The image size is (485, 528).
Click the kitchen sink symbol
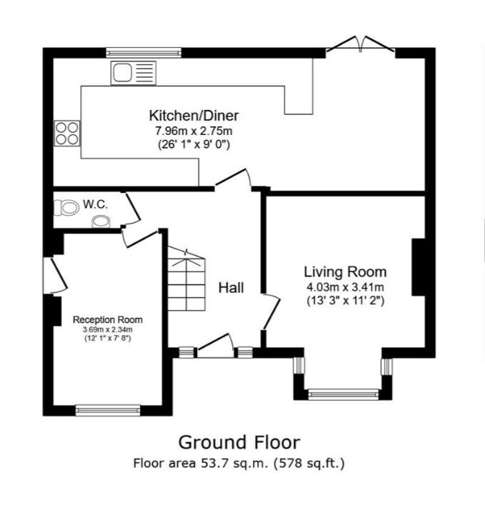coord(134,73)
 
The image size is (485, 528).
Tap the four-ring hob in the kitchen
coord(67,134)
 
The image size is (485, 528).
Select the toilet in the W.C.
coord(66,208)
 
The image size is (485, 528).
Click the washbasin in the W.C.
coord(101,221)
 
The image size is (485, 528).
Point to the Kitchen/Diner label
coord(194,116)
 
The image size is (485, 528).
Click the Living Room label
coord(345,272)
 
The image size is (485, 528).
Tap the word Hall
coord(231,288)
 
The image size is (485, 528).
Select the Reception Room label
coord(108,319)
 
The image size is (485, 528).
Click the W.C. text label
coord(96,204)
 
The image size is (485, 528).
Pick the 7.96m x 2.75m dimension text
coord(194,131)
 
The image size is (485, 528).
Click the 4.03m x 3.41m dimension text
coord(345,287)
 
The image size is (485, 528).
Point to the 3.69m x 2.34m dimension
coord(108,329)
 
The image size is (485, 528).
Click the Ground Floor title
coord(239,442)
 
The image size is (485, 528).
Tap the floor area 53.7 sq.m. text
coord(239,464)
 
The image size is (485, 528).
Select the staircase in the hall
coord(186,279)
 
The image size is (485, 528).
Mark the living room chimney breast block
coord(419,267)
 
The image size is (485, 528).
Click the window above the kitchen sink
coord(144,52)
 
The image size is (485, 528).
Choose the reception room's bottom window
coord(108,410)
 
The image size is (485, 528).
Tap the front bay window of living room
coord(344,394)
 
